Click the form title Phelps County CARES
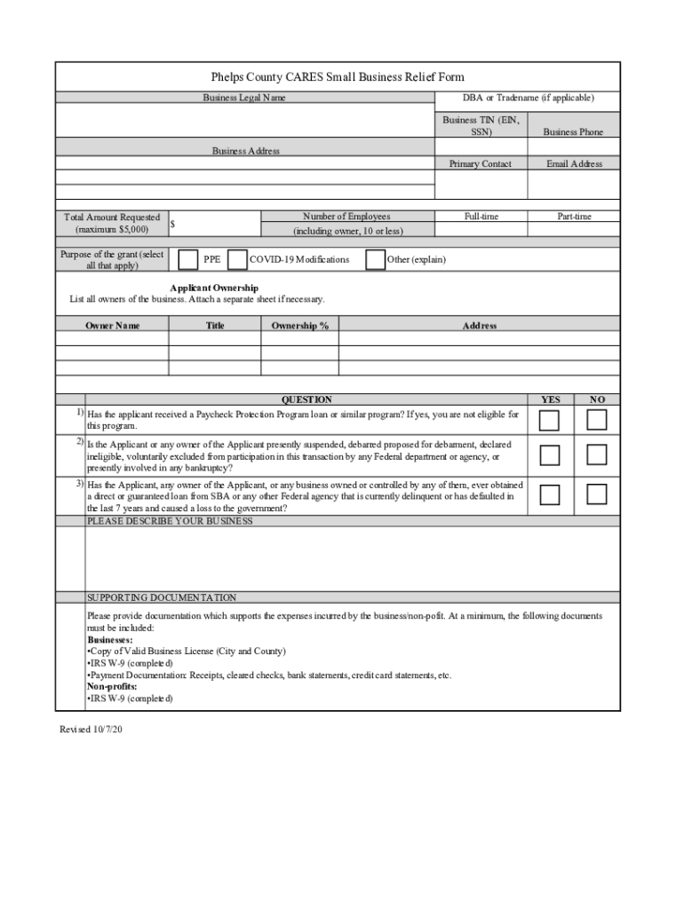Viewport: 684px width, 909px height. (338, 77)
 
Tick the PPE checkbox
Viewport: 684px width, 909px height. (188, 259)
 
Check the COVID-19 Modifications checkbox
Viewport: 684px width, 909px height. (237, 259)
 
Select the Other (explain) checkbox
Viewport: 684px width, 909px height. (375, 259)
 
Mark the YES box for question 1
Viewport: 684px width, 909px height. (551, 420)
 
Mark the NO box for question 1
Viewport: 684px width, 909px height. (597, 420)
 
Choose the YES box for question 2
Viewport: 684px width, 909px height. (551, 455)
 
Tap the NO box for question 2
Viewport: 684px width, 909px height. (597, 455)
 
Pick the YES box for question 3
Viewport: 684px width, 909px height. (551, 494)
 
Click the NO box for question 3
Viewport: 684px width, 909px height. (597, 494)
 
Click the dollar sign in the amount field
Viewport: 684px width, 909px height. (172, 225)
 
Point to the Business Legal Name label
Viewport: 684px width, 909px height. (244, 98)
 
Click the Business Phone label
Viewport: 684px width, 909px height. (573, 132)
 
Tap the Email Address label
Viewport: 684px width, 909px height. (574, 164)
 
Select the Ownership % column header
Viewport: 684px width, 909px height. (300, 326)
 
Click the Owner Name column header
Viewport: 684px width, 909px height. (112, 326)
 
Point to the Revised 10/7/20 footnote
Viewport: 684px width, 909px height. (90, 730)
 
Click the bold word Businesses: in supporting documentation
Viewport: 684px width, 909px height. (110, 639)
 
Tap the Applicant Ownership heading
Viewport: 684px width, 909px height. (214, 288)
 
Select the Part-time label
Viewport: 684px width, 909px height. (574, 217)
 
